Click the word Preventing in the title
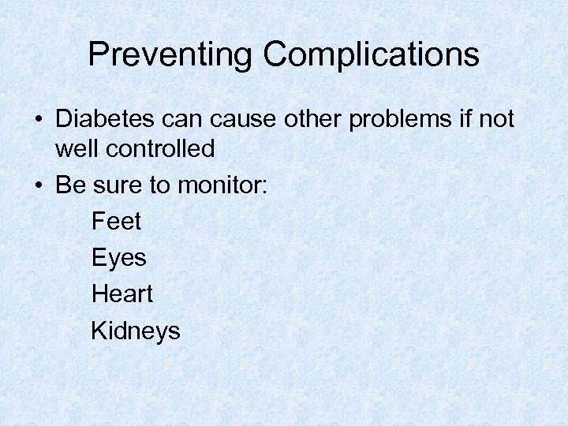pos(170,55)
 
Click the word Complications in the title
pos(371,55)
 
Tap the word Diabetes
pos(106,119)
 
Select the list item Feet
pos(116,221)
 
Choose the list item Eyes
pos(119,258)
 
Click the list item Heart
pos(122,293)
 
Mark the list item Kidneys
pos(136,331)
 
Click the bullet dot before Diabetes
pos(39,121)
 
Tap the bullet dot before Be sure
pos(39,185)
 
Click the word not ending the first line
pos(495,119)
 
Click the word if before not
pos(462,119)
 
